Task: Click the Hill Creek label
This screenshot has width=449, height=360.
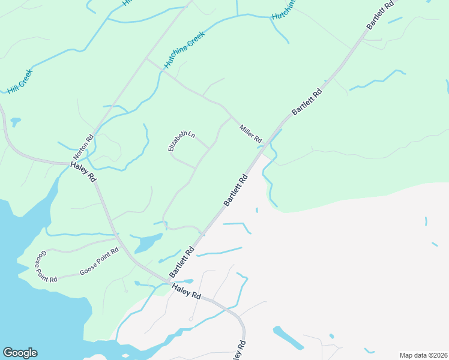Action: [x=20, y=82]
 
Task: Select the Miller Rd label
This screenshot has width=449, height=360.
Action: [x=251, y=134]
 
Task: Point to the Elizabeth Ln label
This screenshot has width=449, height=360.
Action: [x=181, y=141]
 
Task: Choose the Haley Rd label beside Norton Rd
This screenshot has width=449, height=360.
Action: [x=83, y=172]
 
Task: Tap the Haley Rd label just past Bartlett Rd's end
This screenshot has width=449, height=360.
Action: [x=185, y=292]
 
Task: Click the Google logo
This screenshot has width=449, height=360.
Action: [x=20, y=353]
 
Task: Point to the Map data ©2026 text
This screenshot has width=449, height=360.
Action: [x=423, y=355]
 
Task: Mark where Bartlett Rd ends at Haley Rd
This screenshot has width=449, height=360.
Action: [x=169, y=280]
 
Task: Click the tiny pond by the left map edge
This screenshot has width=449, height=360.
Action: [x=15, y=122]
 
